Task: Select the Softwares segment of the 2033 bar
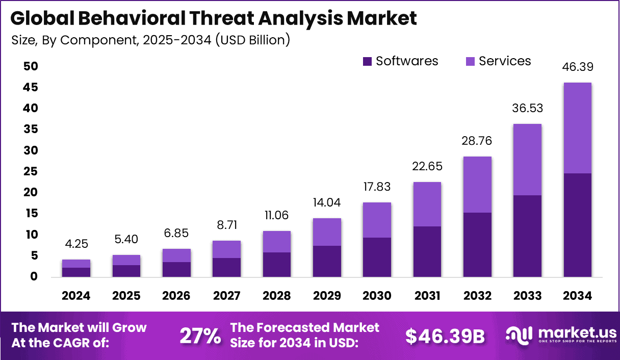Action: click(x=527, y=236)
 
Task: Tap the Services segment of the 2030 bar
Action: click(x=377, y=220)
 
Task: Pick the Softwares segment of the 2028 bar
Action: click(x=276, y=264)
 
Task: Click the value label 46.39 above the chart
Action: click(x=577, y=67)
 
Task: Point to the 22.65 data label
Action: click(x=427, y=166)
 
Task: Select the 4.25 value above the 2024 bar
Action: click(x=76, y=244)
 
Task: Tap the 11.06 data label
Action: click(x=276, y=215)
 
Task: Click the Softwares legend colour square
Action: click(x=368, y=62)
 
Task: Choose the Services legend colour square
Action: click(x=471, y=62)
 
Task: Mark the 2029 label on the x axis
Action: click(x=326, y=296)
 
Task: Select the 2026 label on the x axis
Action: click(x=176, y=296)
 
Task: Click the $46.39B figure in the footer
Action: click(x=445, y=336)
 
